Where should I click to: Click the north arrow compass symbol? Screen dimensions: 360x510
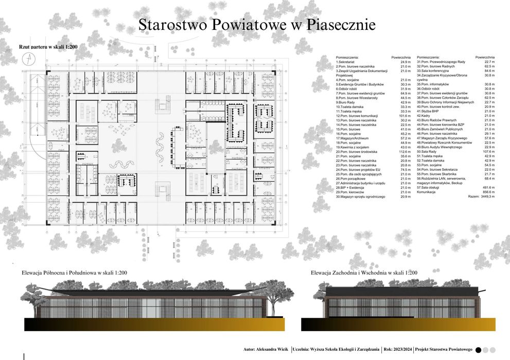point(27,60)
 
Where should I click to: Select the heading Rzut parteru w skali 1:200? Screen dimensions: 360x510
point(48,46)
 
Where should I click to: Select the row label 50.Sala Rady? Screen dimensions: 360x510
point(429,152)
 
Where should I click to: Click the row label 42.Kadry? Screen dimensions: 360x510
point(425,116)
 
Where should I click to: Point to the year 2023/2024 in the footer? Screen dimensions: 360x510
point(401,350)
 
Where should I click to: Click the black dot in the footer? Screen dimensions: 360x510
point(479,350)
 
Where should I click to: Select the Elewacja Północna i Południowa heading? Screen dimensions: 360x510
point(74,273)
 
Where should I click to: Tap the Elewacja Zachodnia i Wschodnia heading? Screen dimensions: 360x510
point(364,273)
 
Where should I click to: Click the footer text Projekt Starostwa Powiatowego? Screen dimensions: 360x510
point(444,350)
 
